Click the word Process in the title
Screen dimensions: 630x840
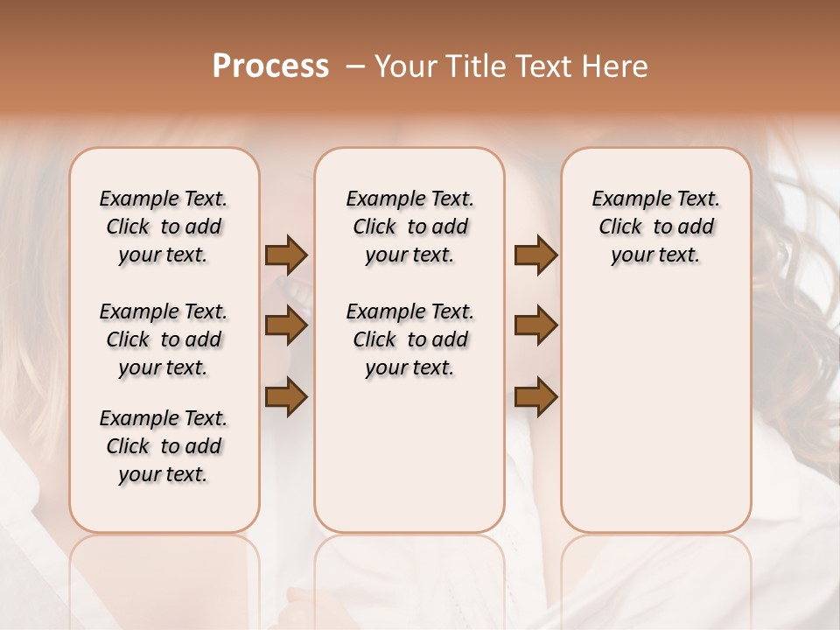(270, 66)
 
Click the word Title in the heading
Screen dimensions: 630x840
(473, 66)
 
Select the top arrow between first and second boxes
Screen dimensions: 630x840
(286, 255)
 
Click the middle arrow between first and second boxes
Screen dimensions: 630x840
(286, 326)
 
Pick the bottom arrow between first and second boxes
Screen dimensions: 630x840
(286, 397)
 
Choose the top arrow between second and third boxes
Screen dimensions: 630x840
(535, 255)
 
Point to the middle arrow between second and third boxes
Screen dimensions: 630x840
(535, 326)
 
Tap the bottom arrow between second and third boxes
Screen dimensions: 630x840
(535, 397)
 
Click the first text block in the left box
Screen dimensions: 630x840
(164, 227)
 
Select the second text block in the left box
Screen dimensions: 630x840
(164, 339)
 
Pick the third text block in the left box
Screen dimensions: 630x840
(164, 446)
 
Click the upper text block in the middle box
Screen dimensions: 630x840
(409, 227)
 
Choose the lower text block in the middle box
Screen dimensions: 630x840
(409, 339)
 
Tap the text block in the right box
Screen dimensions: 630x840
(655, 227)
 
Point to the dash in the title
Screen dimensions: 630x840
(354, 66)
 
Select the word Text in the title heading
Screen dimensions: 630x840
(542, 66)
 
